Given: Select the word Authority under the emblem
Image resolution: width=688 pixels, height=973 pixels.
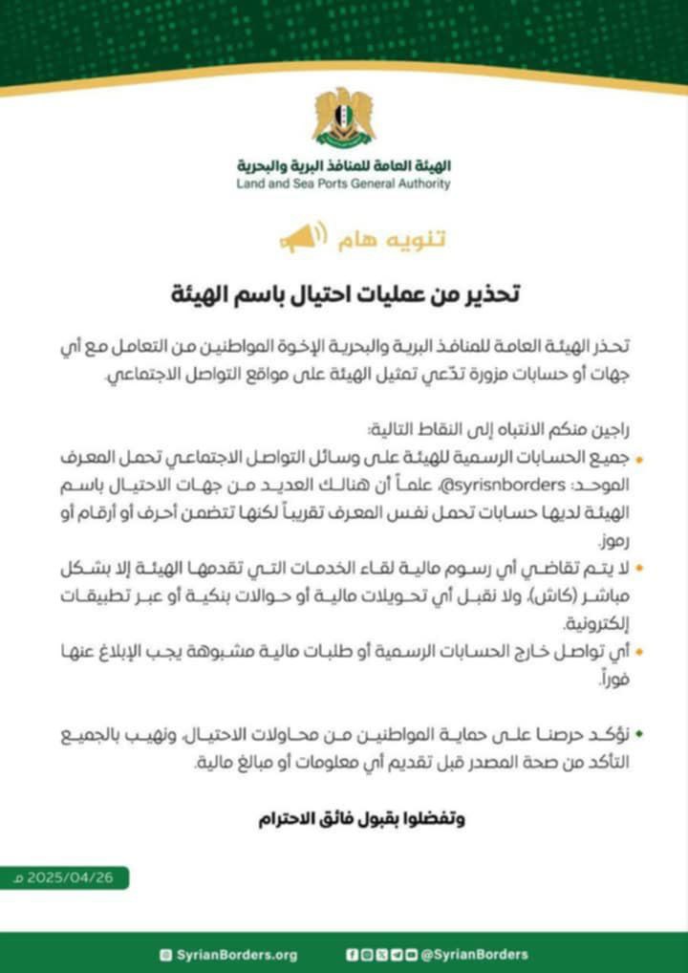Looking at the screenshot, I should click(x=420, y=184).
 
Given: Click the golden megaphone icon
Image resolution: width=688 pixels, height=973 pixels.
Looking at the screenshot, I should click(x=303, y=237).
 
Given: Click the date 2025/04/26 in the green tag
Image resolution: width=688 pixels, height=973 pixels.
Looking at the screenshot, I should click(x=73, y=877).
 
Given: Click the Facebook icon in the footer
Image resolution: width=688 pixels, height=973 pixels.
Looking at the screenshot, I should click(x=352, y=954).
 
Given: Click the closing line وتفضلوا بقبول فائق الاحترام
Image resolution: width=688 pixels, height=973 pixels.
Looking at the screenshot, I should click(x=362, y=819).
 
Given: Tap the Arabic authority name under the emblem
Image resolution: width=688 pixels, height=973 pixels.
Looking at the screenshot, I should click(x=343, y=163).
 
